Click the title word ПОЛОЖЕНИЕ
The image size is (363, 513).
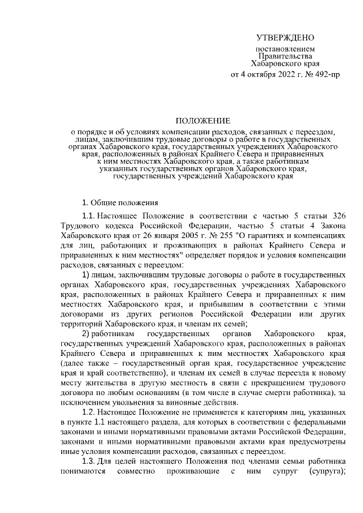[202, 121]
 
